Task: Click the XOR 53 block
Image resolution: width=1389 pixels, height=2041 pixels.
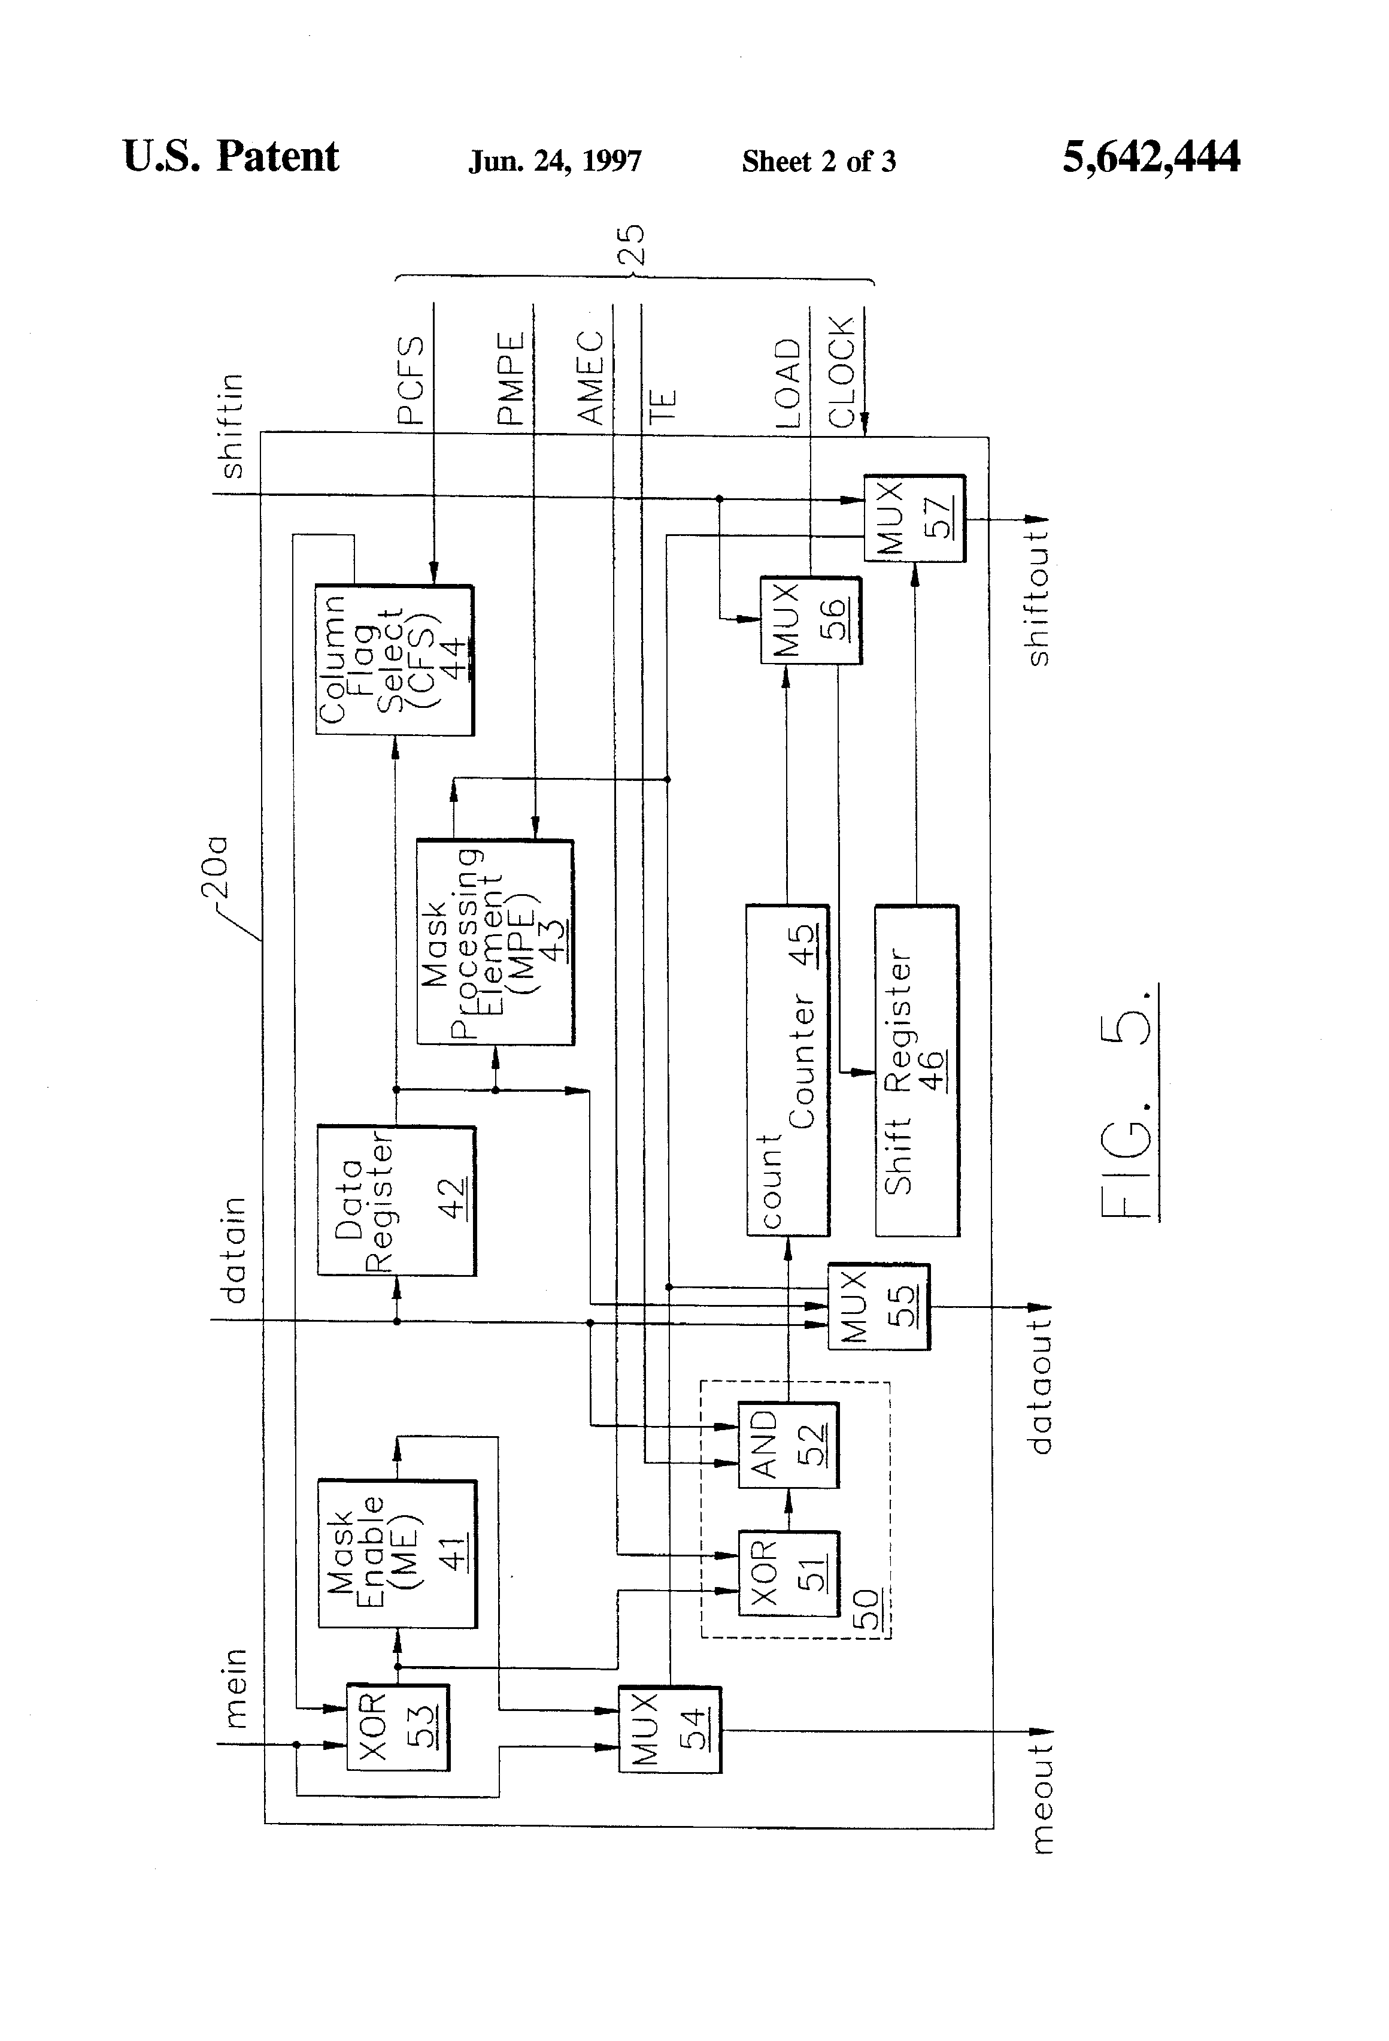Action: [398, 1727]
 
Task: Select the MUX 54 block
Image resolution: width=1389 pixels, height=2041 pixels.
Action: [669, 1729]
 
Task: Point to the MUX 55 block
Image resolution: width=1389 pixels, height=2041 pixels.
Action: [878, 1307]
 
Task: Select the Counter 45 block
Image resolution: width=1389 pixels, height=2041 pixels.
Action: [787, 1070]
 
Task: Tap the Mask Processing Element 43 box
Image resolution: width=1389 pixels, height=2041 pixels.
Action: [495, 942]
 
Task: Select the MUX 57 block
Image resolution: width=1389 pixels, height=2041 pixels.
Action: [914, 518]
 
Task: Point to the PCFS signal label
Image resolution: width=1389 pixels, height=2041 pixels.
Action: [411, 380]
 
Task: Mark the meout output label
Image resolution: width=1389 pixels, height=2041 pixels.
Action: [1041, 1798]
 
